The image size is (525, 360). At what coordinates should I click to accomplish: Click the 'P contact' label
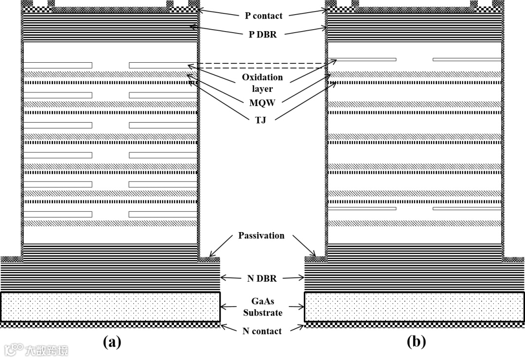(263, 16)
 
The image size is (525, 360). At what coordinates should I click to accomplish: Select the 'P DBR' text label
(261, 34)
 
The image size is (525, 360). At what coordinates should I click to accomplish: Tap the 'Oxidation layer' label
(262, 83)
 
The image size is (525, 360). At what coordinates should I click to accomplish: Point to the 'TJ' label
(261, 119)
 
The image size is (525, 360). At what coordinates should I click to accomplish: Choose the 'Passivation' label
(261, 235)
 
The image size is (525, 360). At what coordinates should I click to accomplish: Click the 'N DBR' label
(262, 278)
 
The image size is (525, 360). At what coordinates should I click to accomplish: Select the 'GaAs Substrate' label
(262, 306)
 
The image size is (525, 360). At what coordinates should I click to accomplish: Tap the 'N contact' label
(262, 331)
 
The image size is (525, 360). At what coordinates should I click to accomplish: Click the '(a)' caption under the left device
(112, 342)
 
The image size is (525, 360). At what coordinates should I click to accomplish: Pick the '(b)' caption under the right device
(416, 342)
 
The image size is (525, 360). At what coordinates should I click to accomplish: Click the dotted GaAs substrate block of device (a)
(110, 306)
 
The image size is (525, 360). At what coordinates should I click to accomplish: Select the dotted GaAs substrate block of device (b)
(414, 306)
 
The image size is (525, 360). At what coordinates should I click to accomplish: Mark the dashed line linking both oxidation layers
(262, 64)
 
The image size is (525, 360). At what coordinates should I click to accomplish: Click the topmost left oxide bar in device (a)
(58, 65)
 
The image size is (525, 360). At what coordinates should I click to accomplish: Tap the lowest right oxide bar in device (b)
(467, 209)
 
